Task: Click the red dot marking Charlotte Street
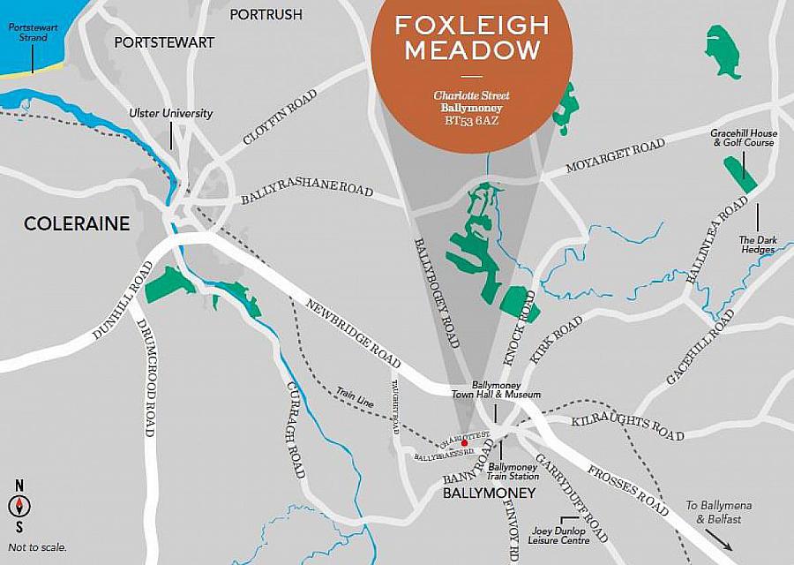click(x=452, y=443)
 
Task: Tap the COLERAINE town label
click(x=77, y=223)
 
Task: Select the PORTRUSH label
click(x=266, y=14)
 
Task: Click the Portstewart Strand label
click(x=27, y=33)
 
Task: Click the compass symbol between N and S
click(x=19, y=506)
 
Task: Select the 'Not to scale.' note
click(x=36, y=547)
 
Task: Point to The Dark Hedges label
click(x=756, y=245)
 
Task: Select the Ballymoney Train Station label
click(x=513, y=471)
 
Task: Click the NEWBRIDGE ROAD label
click(x=352, y=334)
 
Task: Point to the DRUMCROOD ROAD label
click(x=146, y=376)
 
